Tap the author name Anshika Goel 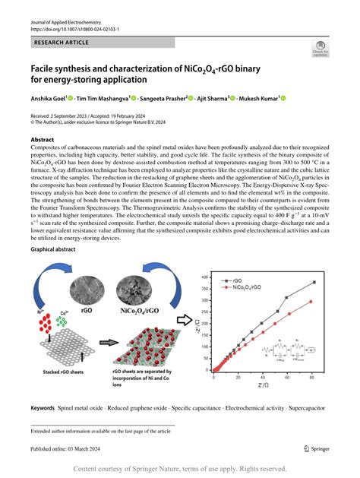[x=49, y=98]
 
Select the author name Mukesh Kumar [x=257, y=98]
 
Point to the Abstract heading [x=42, y=141]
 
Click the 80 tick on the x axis [x=312, y=378]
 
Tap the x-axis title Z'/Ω [x=264, y=386]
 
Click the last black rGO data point [x=313, y=282]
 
